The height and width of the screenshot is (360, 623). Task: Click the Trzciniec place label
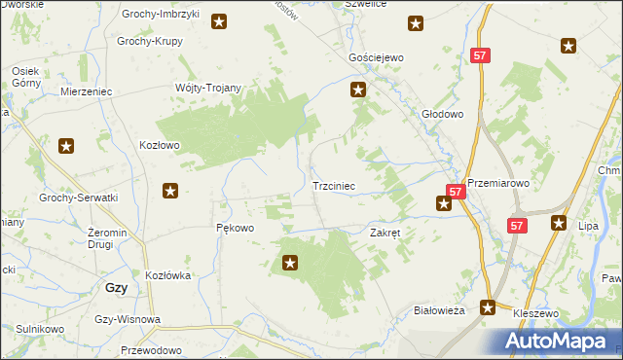coord(339,185)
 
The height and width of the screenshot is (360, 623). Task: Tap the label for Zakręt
coord(385,234)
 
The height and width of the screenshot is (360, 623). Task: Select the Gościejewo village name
coord(376,58)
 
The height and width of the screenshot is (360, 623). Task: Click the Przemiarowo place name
coord(496,181)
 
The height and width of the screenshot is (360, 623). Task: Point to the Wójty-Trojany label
coord(207,88)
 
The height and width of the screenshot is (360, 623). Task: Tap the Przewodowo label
coord(152,349)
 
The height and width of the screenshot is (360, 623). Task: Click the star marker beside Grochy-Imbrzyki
coord(220,20)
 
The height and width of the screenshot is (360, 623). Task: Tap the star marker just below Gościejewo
coord(358,90)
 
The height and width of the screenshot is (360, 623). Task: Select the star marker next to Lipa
coord(559,223)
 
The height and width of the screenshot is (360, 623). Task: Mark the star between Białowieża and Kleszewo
coord(489,307)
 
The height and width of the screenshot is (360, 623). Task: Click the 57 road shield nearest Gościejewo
coord(479,56)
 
